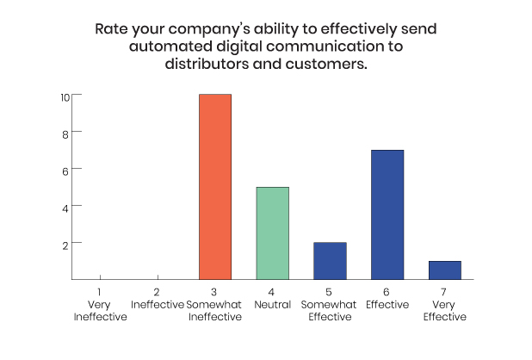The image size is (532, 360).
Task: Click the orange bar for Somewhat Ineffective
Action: click(215, 187)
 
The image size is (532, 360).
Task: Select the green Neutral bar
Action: click(272, 233)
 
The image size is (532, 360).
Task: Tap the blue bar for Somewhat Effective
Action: click(330, 261)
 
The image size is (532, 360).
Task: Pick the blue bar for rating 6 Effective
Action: click(387, 214)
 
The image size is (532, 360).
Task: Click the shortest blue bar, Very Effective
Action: click(445, 270)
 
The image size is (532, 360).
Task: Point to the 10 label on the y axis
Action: click(65, 97)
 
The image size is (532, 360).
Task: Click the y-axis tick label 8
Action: click(65, 134)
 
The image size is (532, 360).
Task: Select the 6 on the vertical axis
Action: click(65, 171)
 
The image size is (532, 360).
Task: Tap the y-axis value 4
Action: click(65, 208)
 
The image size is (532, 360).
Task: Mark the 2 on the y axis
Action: click(65, 245)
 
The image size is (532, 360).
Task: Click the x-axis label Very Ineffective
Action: click(100, 311)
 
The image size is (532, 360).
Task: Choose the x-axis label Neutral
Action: click(272, 305)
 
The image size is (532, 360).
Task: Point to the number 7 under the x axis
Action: click(443, 292)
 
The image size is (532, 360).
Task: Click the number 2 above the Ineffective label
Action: click(157, 292)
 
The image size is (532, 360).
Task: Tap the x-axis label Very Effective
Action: click(445, 311)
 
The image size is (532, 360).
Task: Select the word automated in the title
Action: click(170, 47)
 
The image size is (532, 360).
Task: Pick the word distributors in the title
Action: click(207, 64)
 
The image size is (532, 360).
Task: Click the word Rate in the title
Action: click(111, 28)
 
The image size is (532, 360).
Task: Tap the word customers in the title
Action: click(326, 64)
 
